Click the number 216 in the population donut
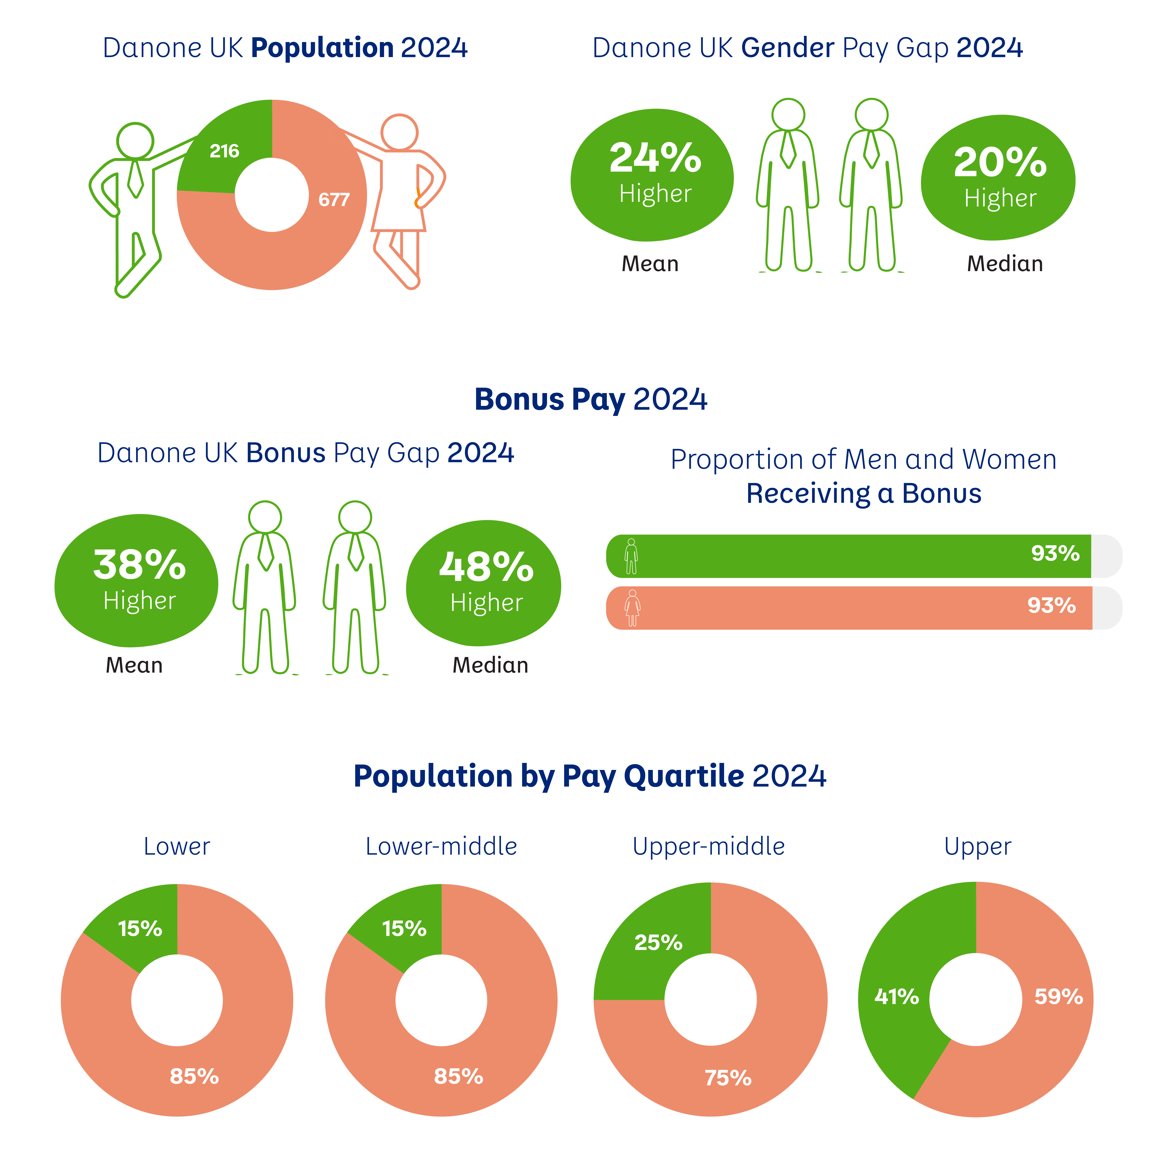(225, 151)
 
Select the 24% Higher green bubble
(652, 175)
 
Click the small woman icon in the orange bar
(632, 608)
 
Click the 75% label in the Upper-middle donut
(728, 1078)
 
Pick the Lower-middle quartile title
(441, 846)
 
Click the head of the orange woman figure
(399, 132)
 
